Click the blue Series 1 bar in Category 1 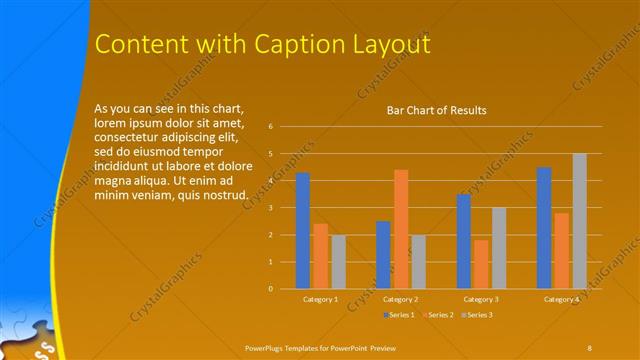point(303,231)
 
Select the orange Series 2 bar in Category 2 point(401,229)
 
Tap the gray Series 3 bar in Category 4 point(579,221)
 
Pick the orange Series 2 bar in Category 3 point(481,264)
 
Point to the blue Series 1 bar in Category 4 point(544,228)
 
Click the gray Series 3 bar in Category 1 point(338,262)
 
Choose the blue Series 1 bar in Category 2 point(383,255)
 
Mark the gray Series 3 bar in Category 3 point(498,248)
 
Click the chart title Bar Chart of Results point(437,110)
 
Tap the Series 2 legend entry point(437,315)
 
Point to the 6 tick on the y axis point(270,127)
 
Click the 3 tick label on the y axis point(270,208)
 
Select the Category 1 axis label point(320,299)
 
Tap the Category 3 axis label point(481,299)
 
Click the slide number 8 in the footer point(589,346)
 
